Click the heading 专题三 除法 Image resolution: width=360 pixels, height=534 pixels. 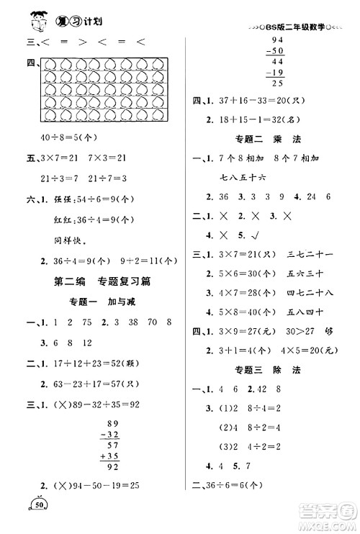[270, 368]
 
